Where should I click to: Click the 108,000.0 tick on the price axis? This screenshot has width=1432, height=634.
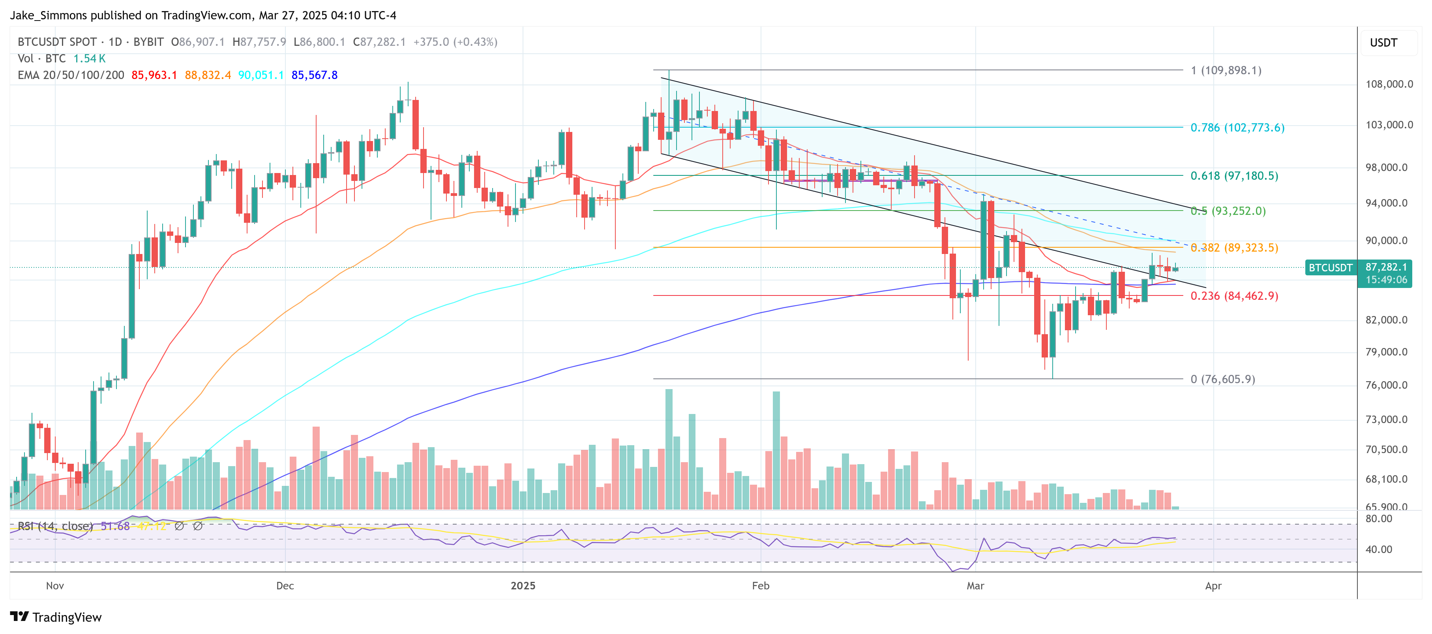[1389, 85]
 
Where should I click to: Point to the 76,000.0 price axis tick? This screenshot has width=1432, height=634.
[1389, 385]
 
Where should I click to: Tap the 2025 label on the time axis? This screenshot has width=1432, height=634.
[523, 586]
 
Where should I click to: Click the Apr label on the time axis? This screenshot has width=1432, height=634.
[1213, 586]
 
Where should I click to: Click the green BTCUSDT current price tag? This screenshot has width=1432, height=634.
[1330, 267]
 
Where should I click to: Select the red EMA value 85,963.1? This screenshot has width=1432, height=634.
[154, 75]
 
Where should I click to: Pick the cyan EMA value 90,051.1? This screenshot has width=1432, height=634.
[261, 75]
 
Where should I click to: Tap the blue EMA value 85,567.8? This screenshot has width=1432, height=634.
[314, 75]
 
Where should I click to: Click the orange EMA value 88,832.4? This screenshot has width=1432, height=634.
[207, 75]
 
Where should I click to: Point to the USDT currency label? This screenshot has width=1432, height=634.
[1383, 43]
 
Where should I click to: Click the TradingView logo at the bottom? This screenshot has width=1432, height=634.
[56, 617]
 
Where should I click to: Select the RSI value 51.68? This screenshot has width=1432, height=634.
[115, 526]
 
